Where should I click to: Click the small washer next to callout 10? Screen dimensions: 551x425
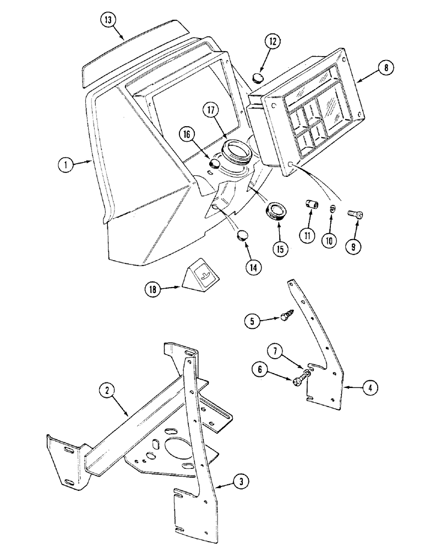[x=333, y=208]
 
